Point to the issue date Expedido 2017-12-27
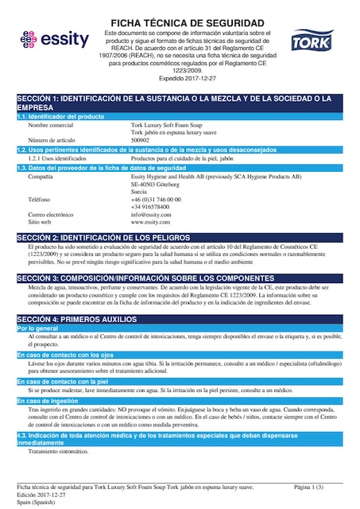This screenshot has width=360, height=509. pos(188,80)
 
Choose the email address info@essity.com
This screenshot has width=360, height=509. pos(151,215)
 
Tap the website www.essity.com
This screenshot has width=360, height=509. pos(150,222)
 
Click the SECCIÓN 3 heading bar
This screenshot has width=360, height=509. pos(180,278)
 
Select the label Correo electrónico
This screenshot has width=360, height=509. pos(55,215)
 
